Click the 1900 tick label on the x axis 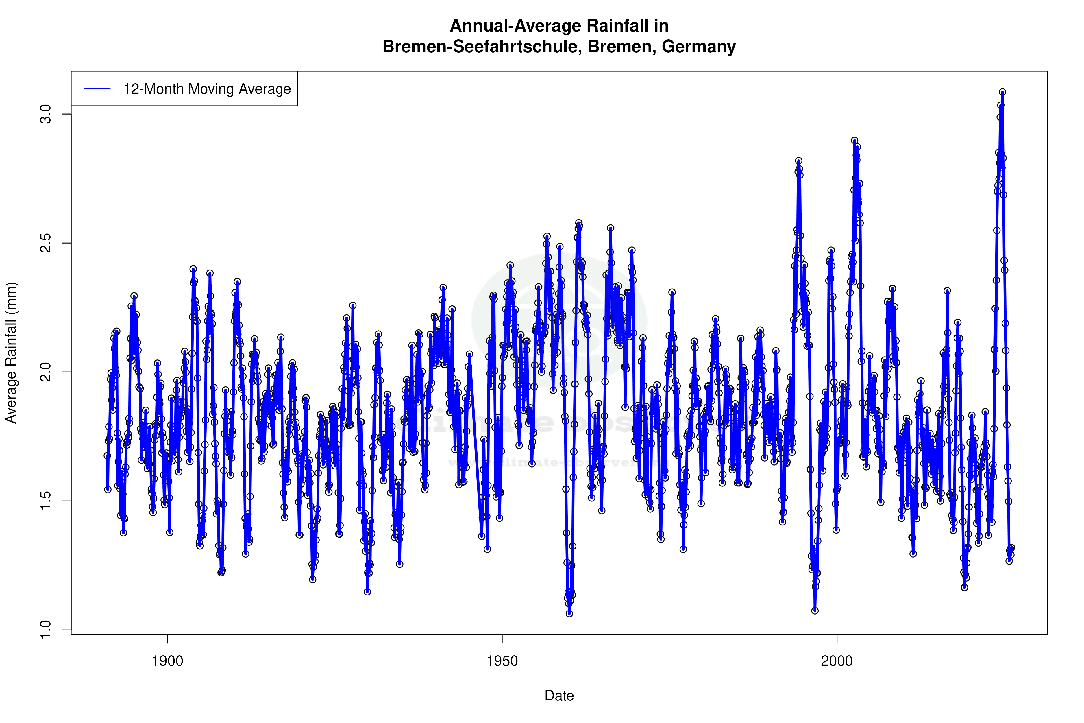pyautogui.click(x=167, y=661)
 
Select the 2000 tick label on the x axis pyautogui.click(x=837, y=661)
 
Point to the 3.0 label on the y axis pyautogui.click(x=46, y=114)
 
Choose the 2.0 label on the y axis pyautogui.click(x=46, y=372)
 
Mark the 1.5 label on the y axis pyautogui.click(x=46, y=501)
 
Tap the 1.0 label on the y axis pyautogui.click(x=46, y=630)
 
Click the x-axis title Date pyautogui.click(x=559, y=696)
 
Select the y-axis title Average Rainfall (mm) pyautogui.click(x=11, y=353)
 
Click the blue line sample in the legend pyautogui.click(x=97, y=88)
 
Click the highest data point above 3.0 pyautogui.click(x=1002, y=92)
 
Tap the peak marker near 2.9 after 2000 pyautogui.click(x=854, y=141)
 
